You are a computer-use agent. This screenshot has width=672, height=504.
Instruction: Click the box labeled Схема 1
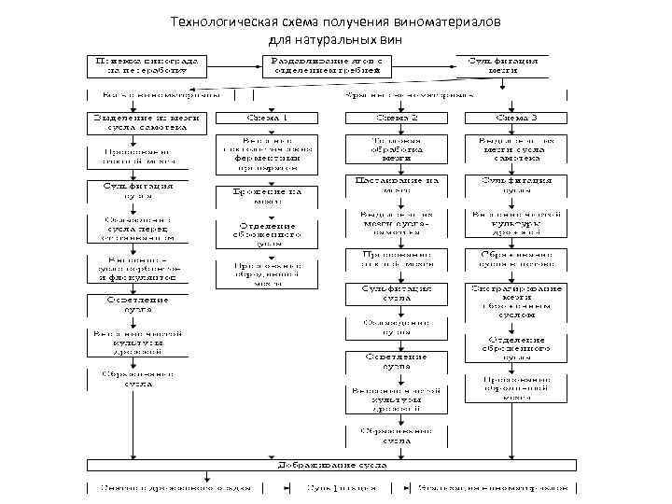coord(267,119)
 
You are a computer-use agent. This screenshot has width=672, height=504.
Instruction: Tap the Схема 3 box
coord(516,119)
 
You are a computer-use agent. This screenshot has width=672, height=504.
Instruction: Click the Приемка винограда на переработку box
coord(147,64)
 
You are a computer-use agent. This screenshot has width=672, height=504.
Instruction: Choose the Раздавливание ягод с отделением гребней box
coord(326,64)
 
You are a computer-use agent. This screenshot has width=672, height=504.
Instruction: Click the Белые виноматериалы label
coord(155,94)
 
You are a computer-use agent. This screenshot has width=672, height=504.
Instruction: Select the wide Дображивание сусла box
coord(327,464)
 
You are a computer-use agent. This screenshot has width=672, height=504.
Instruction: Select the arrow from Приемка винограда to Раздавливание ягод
coord(233,64)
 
